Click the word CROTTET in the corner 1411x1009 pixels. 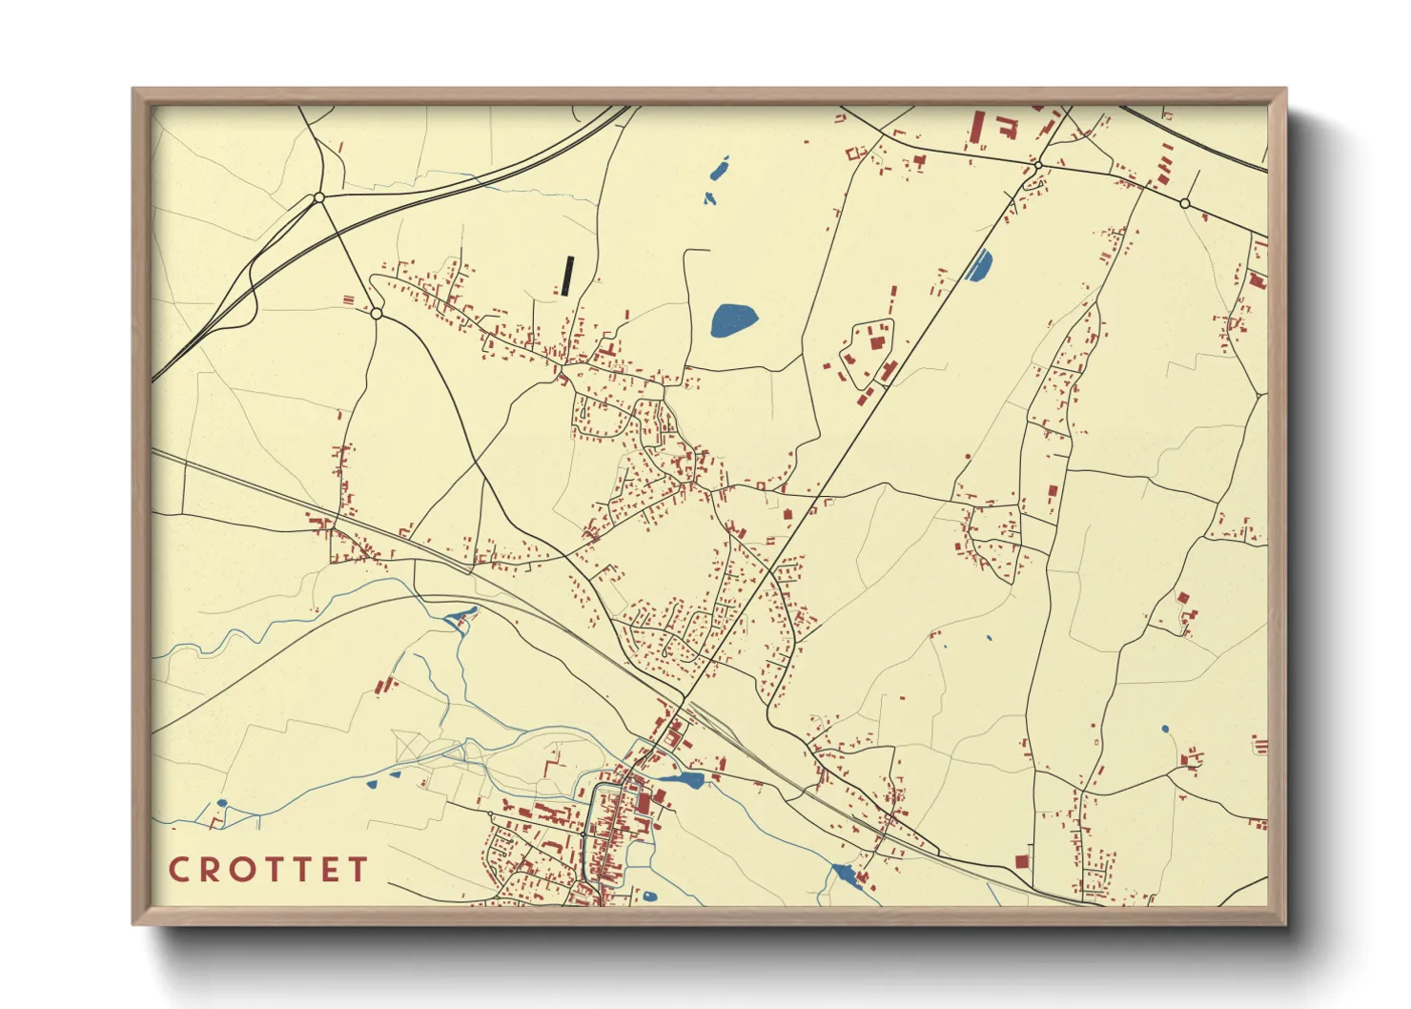(x=268, y=870)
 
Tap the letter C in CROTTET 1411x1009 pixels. (x=178, y=870)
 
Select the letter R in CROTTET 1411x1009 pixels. (x=210, y=870)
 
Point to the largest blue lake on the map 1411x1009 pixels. (x=733, y=319)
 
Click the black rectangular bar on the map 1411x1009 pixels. (x=568, y=275)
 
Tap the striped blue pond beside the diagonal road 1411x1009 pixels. (x=980, y=264)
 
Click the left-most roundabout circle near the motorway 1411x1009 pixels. (x=319, y=197)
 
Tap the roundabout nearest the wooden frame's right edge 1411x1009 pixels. (x=1184, y=203)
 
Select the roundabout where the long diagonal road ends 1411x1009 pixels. (x=1037, y=166)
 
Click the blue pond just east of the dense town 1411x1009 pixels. (x=680, y=780)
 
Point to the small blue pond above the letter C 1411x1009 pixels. (x=221, y=803)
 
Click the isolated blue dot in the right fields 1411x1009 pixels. (x=1164, y=730)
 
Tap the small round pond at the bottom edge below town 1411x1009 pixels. (x=649, y=896)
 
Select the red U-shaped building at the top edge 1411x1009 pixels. (x=1007, y=128)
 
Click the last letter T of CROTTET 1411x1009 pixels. (x=358, y=870)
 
